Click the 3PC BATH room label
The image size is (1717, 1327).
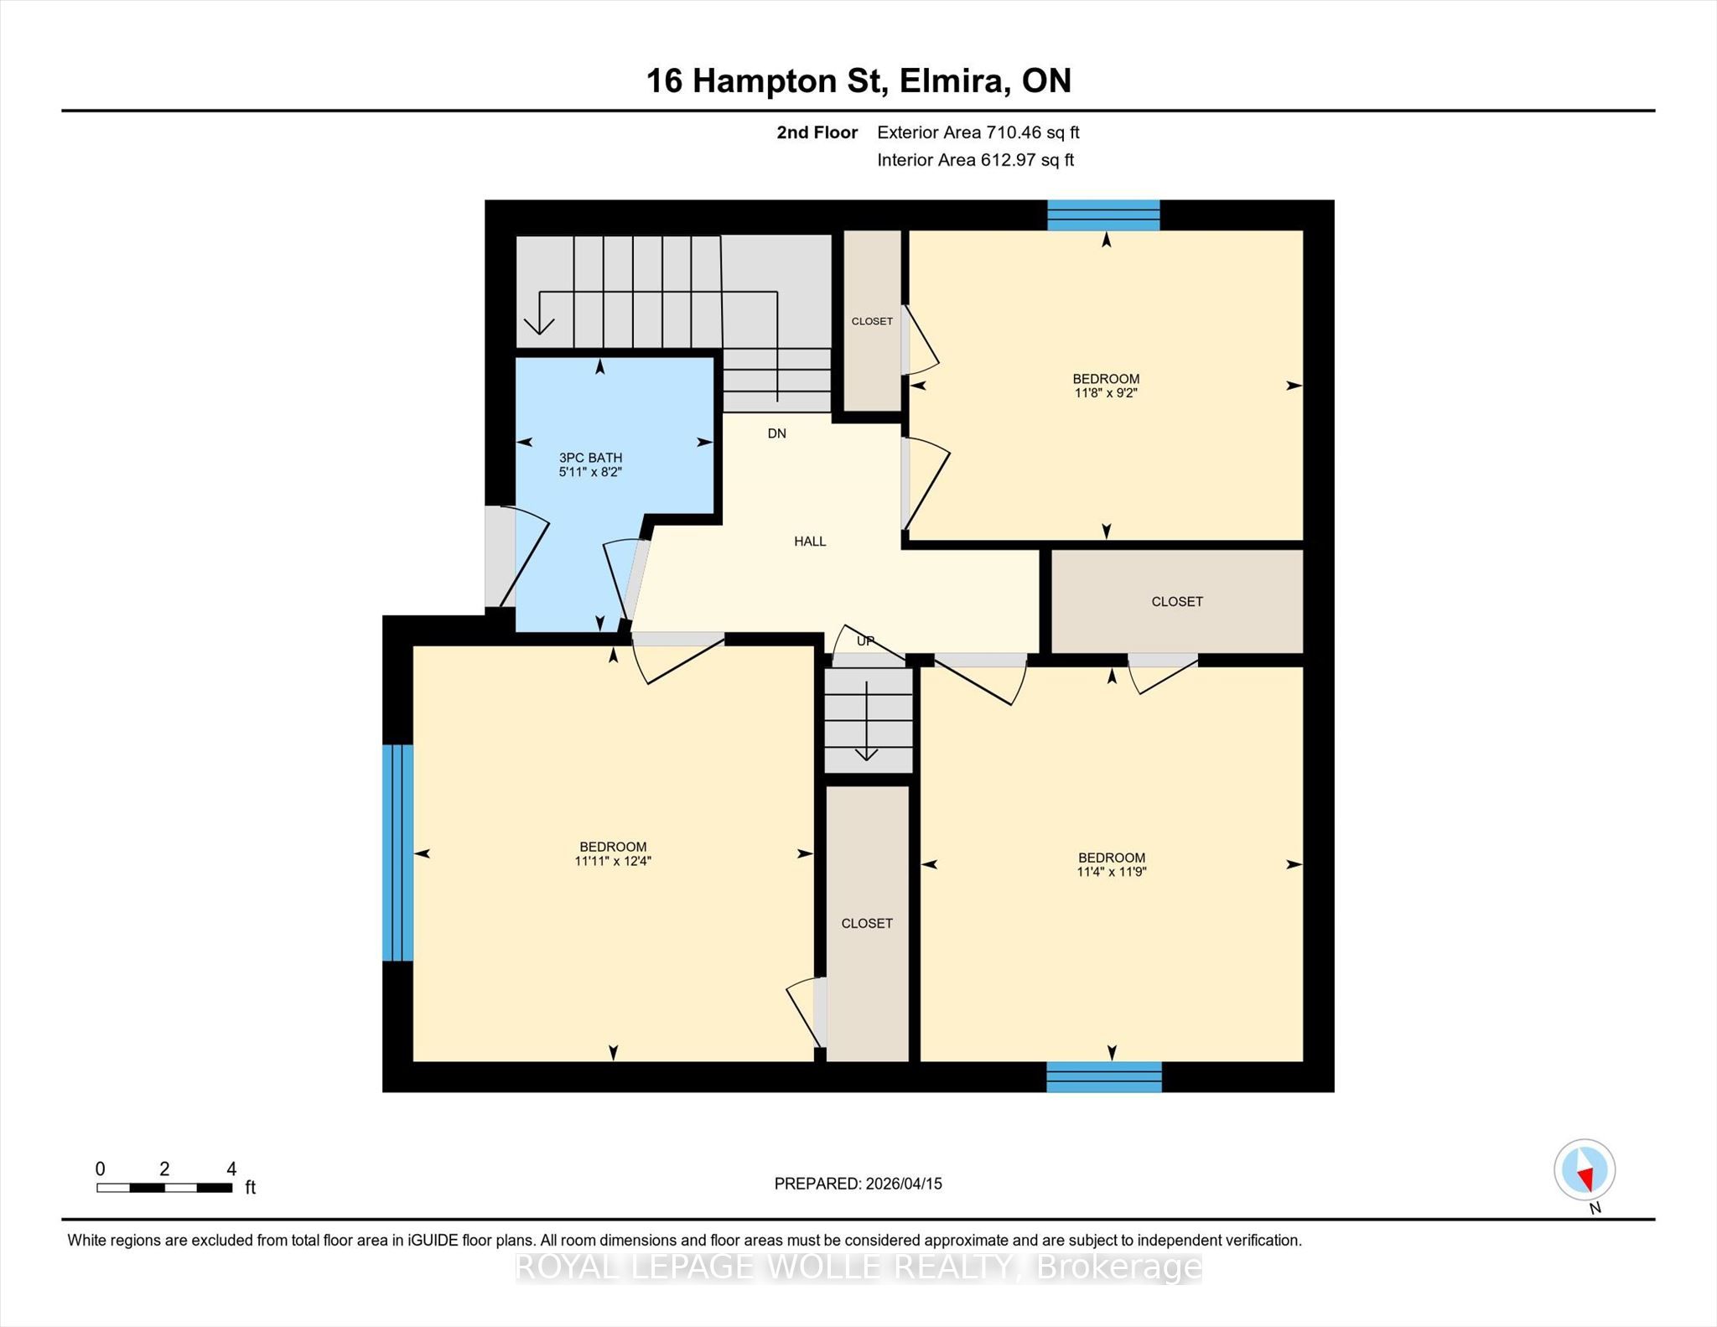591,458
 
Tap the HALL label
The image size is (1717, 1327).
810,542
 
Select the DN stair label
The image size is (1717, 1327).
777,433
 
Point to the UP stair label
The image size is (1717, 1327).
865,641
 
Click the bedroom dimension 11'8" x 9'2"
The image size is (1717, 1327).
1106,392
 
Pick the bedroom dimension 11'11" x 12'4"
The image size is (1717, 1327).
613,861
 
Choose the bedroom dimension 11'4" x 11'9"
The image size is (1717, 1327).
1112,872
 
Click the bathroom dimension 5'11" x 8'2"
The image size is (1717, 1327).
590,472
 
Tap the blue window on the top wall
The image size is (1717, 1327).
1104,215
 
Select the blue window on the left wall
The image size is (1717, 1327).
397,853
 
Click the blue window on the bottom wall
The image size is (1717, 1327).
1104,1077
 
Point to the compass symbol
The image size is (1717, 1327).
1585,1170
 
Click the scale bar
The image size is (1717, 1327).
164,1188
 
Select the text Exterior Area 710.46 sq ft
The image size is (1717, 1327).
978,132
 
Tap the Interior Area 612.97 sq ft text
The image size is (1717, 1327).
976,160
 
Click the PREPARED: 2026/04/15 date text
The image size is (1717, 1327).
858,1184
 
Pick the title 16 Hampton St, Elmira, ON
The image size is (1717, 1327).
858,81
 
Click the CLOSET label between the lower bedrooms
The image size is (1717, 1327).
867,924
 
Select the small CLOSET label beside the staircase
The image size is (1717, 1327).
872,321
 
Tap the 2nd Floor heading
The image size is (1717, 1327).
817,132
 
